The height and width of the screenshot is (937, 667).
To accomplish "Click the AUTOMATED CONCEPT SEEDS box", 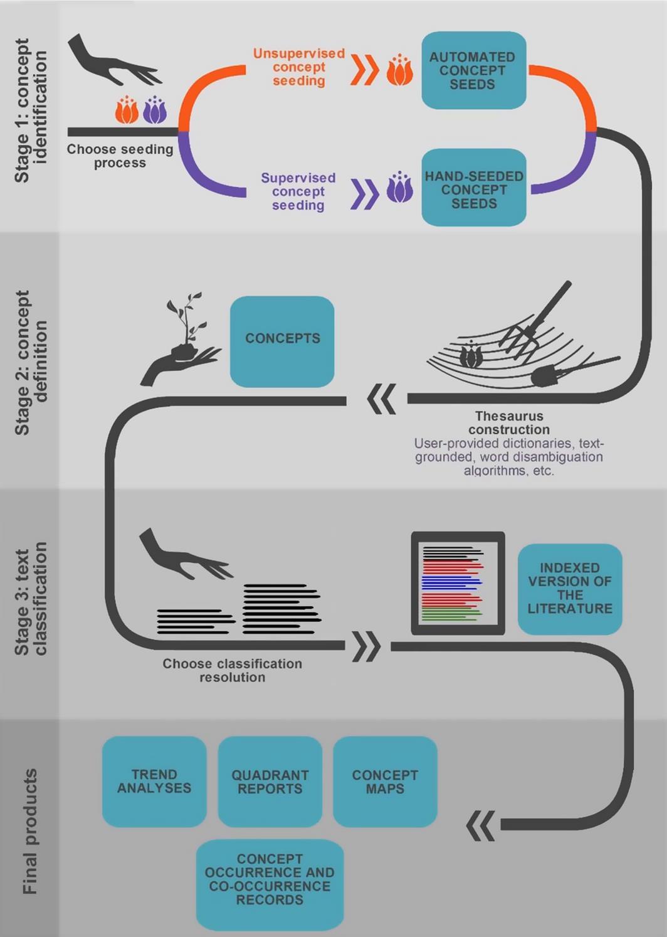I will [x=473, y=70].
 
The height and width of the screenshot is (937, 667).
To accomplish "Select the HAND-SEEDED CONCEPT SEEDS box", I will [x=473, y=188].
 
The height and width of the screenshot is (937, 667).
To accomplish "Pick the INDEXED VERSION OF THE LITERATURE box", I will [x=569, y=589].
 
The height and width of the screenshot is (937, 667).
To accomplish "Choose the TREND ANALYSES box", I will [x=154, y=781].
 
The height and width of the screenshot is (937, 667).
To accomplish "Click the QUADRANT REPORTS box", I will [x=270, y=781].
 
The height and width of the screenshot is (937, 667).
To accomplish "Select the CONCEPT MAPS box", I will [x=385, y=781].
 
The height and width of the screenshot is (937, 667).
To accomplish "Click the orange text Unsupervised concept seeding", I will [x=299, y=67].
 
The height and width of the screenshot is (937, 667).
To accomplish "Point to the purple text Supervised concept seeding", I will [x=298, y=191].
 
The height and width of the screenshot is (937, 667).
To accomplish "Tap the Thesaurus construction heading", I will [x=509, y=423].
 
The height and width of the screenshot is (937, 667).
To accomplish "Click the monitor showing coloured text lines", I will [x=458, y=583].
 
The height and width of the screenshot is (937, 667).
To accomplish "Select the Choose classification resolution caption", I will [x=232, y=670].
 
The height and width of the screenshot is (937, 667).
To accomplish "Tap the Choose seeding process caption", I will [x=120, y=156].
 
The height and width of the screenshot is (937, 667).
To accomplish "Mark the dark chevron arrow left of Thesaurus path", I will [x=381, y=399].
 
